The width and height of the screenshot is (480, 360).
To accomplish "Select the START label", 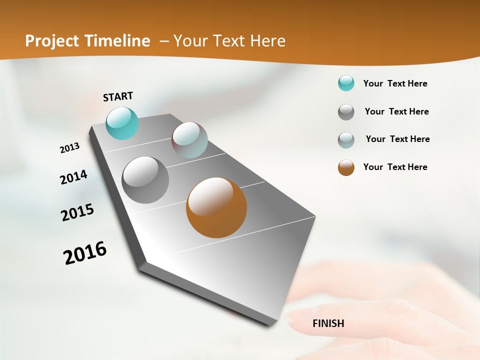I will [118, 96].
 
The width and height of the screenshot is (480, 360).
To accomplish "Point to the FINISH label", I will [328, 323].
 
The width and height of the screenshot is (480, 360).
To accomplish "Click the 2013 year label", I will [69, 148].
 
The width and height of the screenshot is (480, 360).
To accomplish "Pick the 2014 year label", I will [73, 177].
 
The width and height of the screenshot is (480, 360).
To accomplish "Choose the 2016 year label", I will [85, 253].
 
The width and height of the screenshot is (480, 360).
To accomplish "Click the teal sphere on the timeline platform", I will [122, 123].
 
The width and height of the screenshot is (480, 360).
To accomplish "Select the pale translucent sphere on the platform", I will [189, 140].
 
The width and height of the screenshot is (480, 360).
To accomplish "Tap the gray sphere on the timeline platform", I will [145, 180].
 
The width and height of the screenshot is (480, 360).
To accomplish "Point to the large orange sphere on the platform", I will [216, 207].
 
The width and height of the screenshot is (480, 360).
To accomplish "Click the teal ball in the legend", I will [346, 83].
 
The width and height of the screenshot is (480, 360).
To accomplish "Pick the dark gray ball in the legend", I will [346, 112].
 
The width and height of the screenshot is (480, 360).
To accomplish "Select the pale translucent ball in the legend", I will [346, 140].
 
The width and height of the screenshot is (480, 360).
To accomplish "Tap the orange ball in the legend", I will [346, 167].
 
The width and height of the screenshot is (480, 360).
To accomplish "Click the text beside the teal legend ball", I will [395, 83].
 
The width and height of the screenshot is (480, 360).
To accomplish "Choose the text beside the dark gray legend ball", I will [396, 111].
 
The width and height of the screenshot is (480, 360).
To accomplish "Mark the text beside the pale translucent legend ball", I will [397, 139].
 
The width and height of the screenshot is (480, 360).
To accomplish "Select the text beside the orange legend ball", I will [395, 167].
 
